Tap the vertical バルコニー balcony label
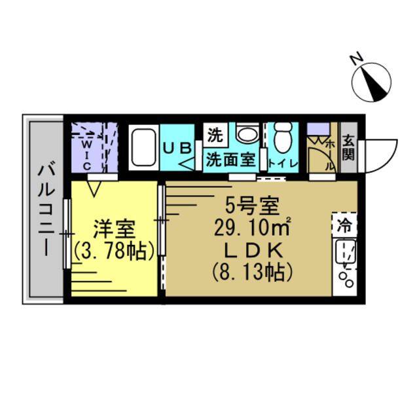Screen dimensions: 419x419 click(45, 208)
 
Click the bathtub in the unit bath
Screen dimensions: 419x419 click(142, 150)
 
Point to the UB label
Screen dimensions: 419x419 click(177, 149)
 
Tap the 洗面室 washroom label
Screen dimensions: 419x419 click(230, 158)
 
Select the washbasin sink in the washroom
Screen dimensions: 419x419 click(247, 135)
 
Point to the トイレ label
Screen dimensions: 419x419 click(283, 163)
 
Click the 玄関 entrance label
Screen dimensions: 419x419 click(348, 150)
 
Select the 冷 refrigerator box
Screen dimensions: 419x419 click(344, 227)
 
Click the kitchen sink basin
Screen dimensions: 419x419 click(344, 253)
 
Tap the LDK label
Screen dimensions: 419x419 click(253, 250)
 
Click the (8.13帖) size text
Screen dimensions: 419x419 click(252, 270)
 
